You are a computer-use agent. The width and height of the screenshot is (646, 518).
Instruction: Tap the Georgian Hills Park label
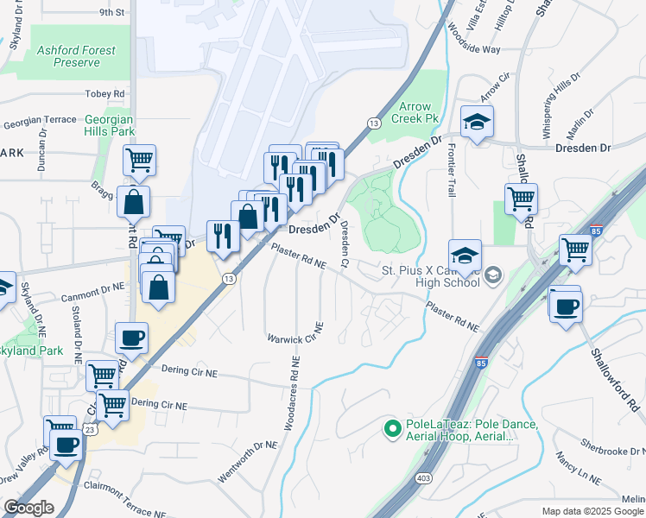point(110,125)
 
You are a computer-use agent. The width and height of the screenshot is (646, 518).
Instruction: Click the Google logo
point(28,508)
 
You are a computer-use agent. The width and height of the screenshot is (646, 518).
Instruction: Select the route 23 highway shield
point(90,428)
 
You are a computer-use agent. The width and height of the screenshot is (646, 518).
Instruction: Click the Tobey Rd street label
point(105,93)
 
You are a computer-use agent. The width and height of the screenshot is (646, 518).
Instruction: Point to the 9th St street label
point(111,13)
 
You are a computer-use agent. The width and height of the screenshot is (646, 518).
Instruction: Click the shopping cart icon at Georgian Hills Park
point(138,161)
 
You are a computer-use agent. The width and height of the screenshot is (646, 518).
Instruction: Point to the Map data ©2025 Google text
point(593,511)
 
